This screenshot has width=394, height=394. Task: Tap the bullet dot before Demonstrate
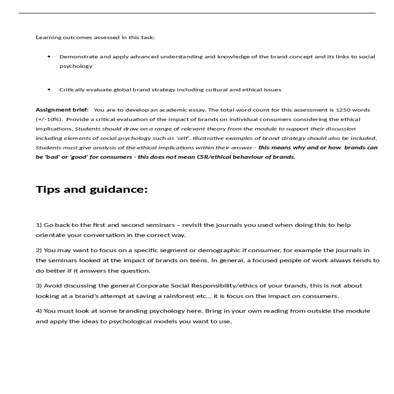click(49, 56)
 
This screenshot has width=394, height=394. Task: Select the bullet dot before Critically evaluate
click(49, 89)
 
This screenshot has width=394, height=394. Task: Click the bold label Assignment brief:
click(62, 110)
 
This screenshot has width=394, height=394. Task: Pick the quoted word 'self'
click(183, 138)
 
